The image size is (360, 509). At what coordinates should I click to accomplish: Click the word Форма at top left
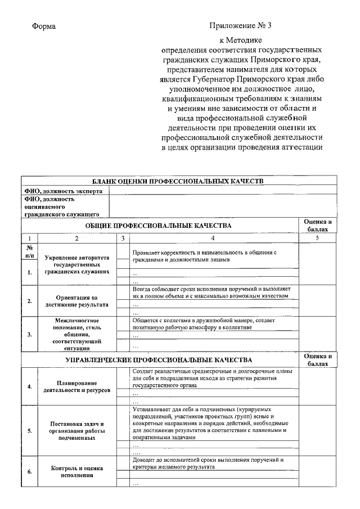click(44, 26)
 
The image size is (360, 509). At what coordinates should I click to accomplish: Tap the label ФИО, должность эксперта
click(63, 191)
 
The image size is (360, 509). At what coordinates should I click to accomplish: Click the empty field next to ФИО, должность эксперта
click(222, 191)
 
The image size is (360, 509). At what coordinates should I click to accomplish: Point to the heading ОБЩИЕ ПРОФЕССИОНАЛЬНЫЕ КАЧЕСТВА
click(158, 226)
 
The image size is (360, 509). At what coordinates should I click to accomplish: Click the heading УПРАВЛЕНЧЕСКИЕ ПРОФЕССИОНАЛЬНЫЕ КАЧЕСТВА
click(159, 359)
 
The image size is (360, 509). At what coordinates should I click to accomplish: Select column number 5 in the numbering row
click(317, 238)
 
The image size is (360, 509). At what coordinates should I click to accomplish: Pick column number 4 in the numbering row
click(213, 238)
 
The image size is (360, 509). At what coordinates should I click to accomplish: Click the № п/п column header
click(29, 251)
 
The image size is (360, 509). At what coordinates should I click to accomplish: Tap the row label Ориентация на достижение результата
click(77, 300)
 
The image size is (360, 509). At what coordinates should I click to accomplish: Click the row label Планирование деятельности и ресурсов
click(77, 386)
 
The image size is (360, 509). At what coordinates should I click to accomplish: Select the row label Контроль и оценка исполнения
click(77, 471)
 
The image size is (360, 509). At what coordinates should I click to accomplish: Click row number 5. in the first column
click(29, 431)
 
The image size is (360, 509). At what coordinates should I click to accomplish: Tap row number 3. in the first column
click(29, 334)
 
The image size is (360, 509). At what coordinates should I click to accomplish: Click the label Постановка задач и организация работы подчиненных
click(77, 430)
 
